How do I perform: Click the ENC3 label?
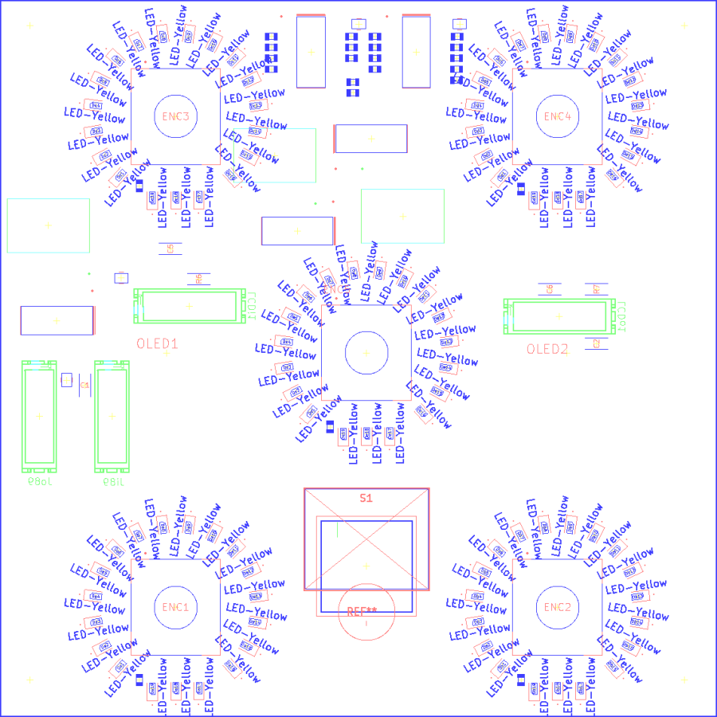tap(175, 116)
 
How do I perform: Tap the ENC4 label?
tap(558, 116)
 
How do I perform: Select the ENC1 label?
tap(175, 607)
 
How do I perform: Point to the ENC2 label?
tap(558, 607)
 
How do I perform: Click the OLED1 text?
tap(157, 344)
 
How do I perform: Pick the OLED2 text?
tap(547, 349)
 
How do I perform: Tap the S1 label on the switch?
tap(366, 498)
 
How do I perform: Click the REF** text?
tap(362, 612)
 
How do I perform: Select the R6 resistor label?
tap(198, 279)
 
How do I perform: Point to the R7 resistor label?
tap(597, 289)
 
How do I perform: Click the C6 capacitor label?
tap(550, 289)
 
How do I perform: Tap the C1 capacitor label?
tap(84, 386)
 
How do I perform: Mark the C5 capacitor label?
tap(170, 249)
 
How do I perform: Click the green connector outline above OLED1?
tap(189, 306)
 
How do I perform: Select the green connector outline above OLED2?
tap(559, 316)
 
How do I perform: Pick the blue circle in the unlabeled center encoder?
tap(366, 353)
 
